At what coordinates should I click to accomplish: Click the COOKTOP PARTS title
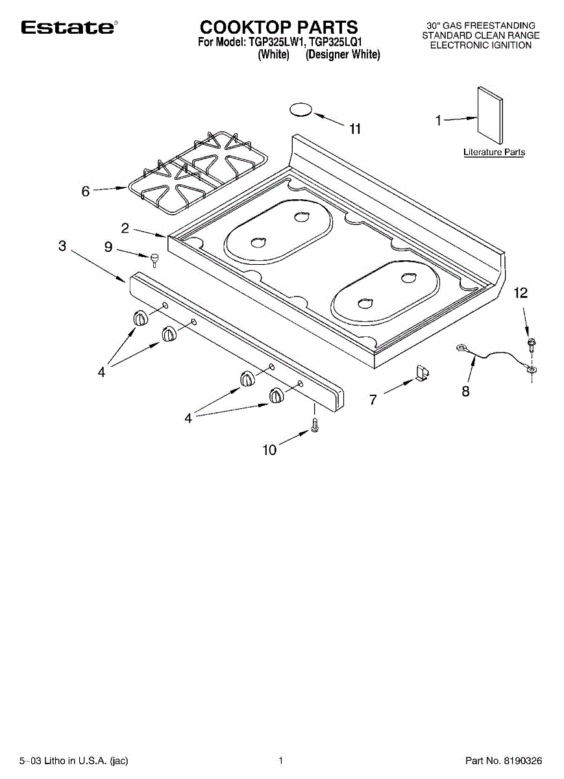278,27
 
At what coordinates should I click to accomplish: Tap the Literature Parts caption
494,153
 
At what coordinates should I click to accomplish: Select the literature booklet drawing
490,116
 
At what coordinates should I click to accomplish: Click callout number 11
354,129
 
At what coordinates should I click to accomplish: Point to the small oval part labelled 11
300,110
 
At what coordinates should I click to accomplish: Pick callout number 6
86,192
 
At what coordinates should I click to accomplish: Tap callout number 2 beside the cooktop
125,228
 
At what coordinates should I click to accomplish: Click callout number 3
62,246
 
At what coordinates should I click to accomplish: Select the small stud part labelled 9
154,260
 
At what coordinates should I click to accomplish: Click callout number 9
108,247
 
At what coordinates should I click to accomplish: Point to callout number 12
521,293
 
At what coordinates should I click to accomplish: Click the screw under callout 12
532,343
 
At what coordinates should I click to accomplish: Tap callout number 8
465,391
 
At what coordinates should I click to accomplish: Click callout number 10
269,449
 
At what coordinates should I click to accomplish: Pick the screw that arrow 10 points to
315,425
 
